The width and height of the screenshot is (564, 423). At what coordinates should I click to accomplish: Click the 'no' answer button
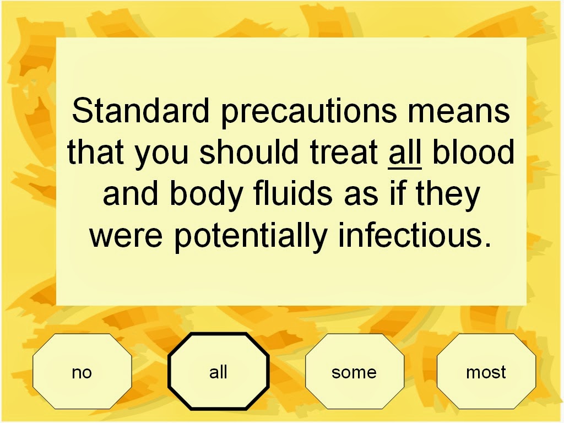tap(82, 371)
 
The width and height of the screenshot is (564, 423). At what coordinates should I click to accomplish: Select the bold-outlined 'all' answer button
tap(218, 371)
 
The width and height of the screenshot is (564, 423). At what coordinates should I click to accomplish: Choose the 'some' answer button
tap(354, 371)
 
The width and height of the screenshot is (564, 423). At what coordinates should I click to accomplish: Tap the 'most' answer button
tap(486, 371)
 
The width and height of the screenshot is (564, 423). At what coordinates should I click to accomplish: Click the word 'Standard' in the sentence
tap(140, 110)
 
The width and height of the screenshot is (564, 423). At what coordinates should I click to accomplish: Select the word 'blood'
tap(473, 151)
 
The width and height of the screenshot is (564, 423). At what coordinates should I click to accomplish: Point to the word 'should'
tap(249, 151)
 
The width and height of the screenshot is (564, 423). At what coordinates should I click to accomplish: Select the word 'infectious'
tap(410, 235)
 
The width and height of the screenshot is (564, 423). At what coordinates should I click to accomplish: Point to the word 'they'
tap(448, 196)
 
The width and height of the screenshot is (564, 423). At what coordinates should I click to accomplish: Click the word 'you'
tap(162, 155)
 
